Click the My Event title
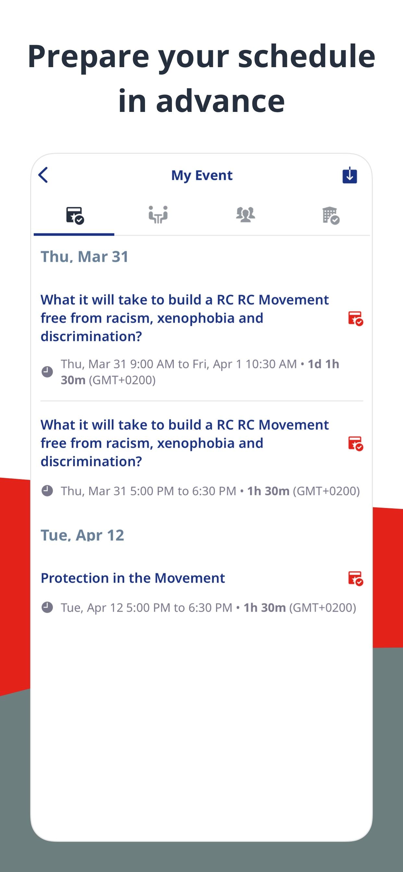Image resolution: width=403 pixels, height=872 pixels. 202,176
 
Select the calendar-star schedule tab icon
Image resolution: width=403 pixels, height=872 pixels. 75,215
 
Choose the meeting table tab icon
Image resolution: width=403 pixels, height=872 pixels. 158,215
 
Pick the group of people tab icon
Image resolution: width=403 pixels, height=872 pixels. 246,215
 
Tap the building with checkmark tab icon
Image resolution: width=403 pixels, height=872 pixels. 331,216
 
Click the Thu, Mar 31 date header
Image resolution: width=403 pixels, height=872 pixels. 85,257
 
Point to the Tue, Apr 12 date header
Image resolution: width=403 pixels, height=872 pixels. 82,535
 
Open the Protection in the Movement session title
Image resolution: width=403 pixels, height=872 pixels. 133,578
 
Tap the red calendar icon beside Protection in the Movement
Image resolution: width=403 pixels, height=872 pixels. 356,578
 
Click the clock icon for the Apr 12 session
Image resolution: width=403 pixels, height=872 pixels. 47,607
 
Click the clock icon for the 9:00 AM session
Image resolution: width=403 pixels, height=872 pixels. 47,372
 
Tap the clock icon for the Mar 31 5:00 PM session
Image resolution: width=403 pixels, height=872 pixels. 47,490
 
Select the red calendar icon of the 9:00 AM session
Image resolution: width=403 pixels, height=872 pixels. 356,319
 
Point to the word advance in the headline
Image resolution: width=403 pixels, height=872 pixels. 220,101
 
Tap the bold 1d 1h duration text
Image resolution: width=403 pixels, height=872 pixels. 324,364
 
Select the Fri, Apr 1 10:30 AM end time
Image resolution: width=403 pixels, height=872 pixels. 245,364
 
